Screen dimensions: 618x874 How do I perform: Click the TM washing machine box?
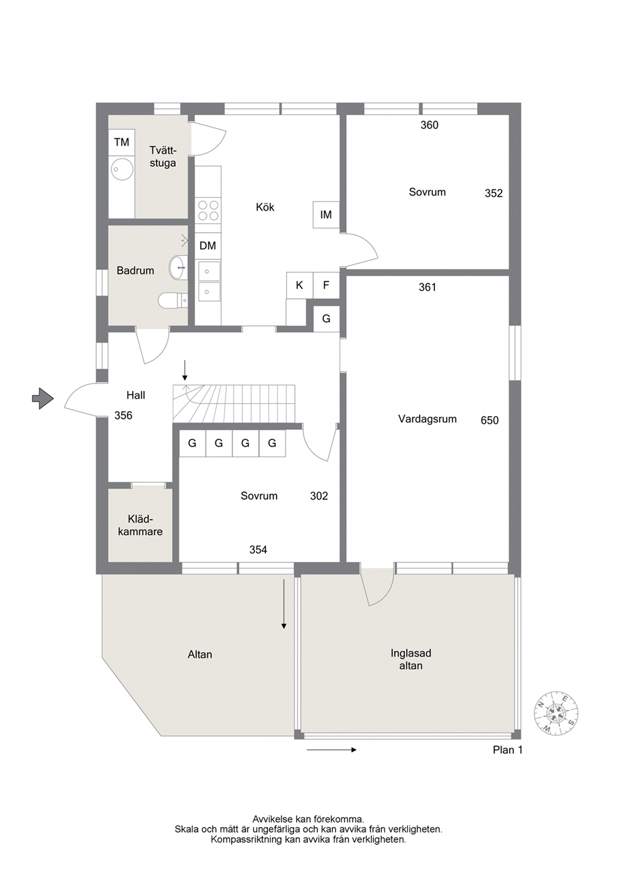point(121,143)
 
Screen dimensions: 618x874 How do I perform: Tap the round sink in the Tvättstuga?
point(122,169)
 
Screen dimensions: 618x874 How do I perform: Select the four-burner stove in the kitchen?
point(208,211)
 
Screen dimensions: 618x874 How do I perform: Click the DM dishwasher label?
point(207,245)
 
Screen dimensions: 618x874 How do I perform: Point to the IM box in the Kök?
point(326,214)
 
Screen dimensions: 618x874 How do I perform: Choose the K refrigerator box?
point(300,285)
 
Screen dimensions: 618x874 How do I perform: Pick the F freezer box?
point(326,285)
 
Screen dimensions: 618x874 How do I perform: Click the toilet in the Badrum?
point(173,300)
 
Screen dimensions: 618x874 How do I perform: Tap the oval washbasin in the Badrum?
point(178,268)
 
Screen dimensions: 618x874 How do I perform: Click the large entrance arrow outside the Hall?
point(42,398)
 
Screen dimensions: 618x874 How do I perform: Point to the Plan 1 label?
point(507,749)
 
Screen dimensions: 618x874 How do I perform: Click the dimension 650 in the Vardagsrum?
point(490,420)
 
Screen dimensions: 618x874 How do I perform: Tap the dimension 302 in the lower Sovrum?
point(319,496)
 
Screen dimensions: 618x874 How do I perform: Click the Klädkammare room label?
point(140,525)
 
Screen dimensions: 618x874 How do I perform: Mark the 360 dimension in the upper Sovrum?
point(429,125)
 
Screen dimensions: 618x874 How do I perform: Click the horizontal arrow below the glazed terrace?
point(331,749)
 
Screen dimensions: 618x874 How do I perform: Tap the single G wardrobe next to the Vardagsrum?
point(326,319)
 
